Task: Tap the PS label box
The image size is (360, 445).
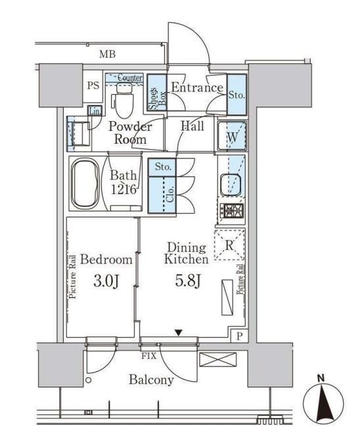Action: (92, 85)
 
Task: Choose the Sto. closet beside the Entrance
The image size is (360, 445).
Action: (236, 93)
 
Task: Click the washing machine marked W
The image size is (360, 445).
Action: (232, 137)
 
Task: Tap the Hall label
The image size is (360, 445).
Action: (192, 126)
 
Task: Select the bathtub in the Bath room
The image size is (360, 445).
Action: (83, 183)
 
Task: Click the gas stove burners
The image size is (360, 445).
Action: (231, 212)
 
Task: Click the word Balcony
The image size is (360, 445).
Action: (151, 380)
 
